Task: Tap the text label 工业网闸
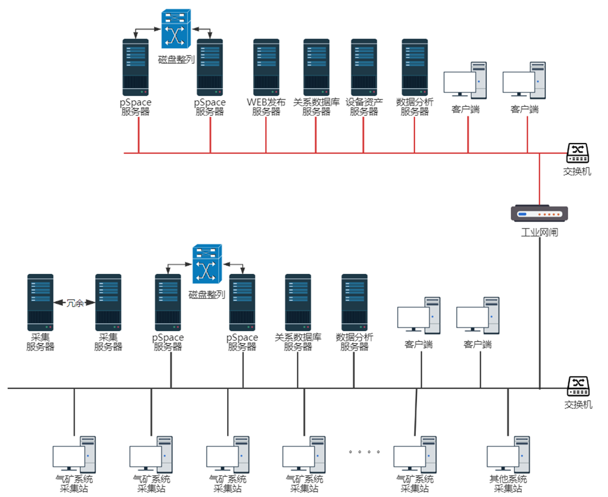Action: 539,232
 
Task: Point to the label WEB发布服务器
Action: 266,107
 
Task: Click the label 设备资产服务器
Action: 364,107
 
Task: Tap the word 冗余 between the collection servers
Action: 75,303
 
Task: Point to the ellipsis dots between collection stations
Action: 364,451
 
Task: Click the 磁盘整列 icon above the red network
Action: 177,28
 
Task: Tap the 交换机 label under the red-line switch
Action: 577,171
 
